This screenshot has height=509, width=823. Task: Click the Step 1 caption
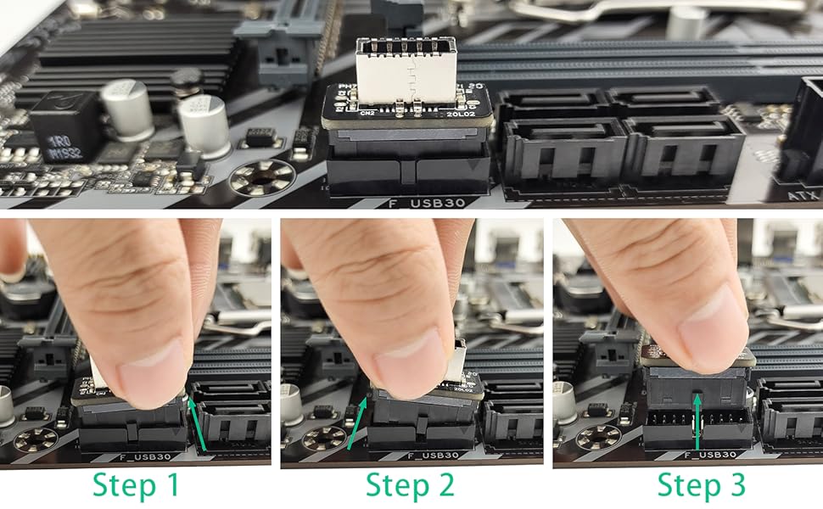(137, 485)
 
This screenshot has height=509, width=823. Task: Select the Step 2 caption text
(410, 485)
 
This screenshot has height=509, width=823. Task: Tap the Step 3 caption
(702, 485)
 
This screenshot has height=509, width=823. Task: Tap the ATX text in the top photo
(798, 196)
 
